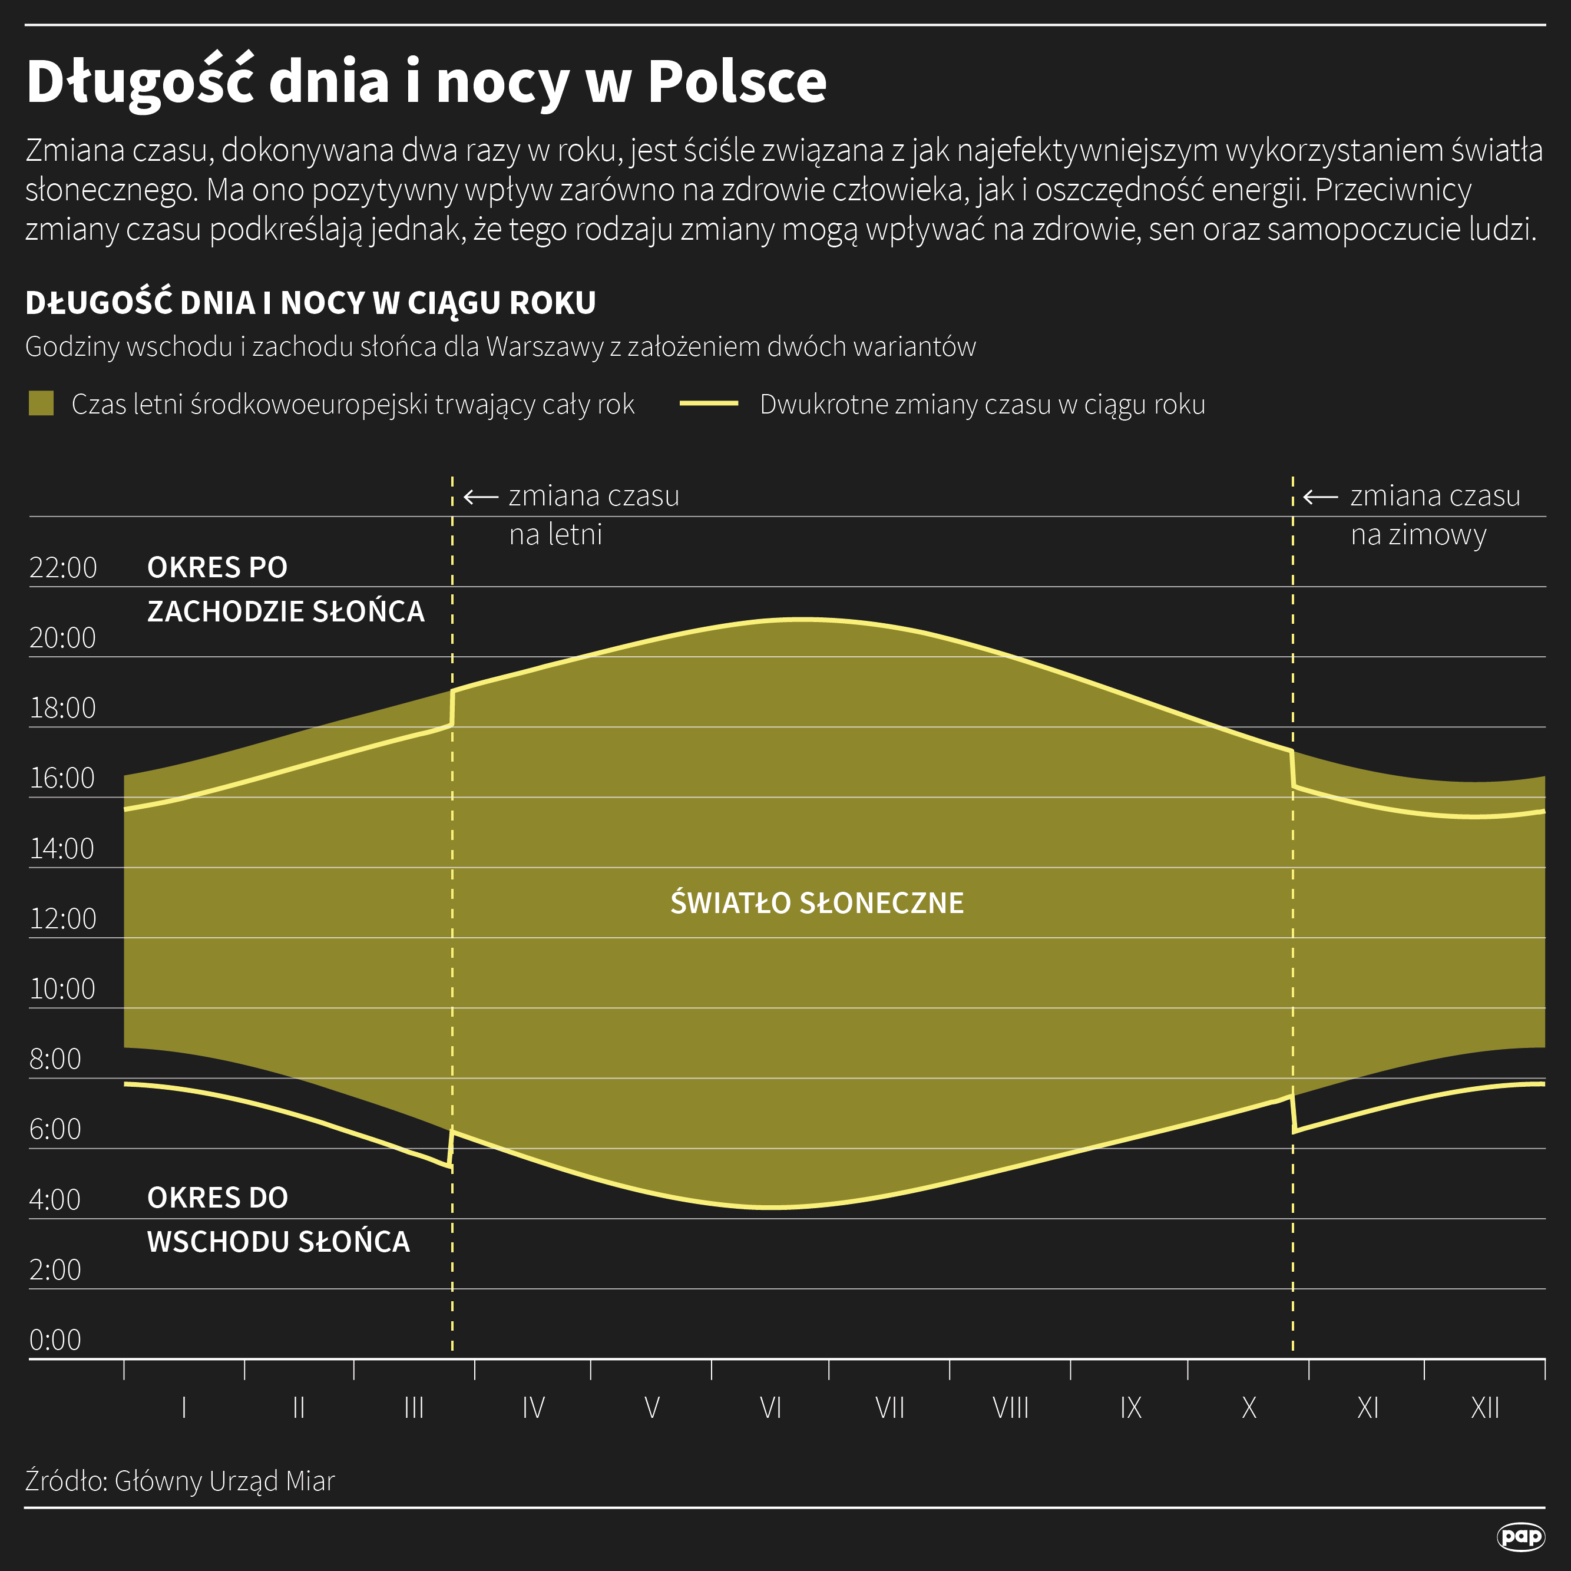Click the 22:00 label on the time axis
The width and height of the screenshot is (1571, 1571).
[x=64, y=568]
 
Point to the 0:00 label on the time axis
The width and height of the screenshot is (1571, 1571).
[x=55, y=1340]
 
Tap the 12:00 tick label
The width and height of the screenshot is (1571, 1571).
[x=64, y=919]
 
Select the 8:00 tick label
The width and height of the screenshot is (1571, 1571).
[x=55, y=1059]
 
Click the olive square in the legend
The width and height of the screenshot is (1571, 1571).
[x=41, y=404]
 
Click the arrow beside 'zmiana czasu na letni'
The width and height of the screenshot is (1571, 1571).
[x=481, y=496]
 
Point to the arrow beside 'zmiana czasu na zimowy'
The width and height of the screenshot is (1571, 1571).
[x=1321, y=496]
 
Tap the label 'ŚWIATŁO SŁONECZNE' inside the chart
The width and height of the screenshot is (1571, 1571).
[x=816, y=902]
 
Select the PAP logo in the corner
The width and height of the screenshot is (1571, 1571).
[x=1520, y=1536]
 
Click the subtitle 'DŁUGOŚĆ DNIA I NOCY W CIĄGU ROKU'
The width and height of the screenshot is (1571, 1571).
[x=310, y=303]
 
